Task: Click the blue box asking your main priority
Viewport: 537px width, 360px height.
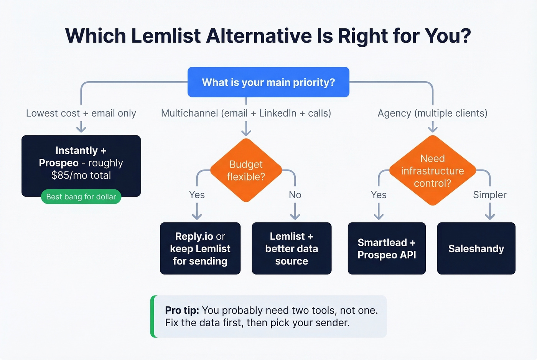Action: [x=268, y=82]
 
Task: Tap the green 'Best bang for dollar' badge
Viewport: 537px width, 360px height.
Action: [x=81, y=197]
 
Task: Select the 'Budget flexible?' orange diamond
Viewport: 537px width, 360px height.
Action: [x=246, y=170]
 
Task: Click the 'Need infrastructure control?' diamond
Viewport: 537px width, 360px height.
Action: [x=432, y=171]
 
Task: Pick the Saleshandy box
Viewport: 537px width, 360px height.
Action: [x=476, y=248]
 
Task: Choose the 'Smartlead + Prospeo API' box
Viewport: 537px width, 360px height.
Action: [x=387, y=248]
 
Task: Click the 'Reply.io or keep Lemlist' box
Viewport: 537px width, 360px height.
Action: [x=200, y=248]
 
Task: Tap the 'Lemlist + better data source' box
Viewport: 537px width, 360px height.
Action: [x=292, y=248]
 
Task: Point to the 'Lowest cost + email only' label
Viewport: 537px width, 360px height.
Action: [x=81, y=113]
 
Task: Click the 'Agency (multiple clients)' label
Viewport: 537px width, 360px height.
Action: [x=432, y=113]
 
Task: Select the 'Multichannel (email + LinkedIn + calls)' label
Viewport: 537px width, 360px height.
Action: [x=246, y=113]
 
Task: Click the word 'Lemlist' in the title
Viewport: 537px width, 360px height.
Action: [x=166, y=36]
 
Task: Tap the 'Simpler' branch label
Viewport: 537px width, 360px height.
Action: [x=489, y=195]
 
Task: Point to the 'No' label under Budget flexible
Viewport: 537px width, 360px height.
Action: [x=295, y=195]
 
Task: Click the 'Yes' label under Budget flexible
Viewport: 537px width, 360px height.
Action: [x=197, y=195]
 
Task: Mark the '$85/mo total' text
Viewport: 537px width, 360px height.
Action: [x=81, y=175]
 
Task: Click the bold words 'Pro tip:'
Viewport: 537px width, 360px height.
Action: [x=182, y=310]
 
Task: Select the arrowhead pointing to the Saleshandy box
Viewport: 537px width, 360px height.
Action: [x=490, y=217]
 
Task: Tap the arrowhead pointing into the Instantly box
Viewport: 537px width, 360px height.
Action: [x=81, y=130]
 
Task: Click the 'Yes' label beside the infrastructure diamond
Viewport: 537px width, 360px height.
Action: [x=379, y=195]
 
